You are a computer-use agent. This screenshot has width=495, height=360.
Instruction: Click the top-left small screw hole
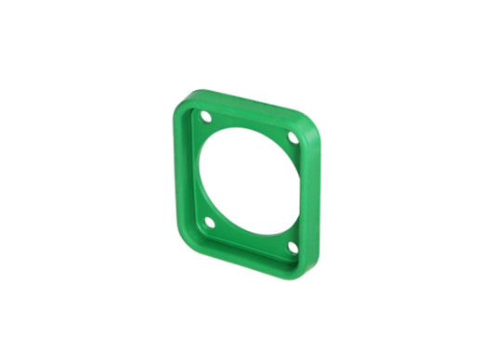(205, 117)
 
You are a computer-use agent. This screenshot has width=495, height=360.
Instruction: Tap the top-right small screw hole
(293, 137)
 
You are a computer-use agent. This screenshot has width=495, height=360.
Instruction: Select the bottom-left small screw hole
(210, 223)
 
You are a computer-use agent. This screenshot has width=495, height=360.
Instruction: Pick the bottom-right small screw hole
(293, 247)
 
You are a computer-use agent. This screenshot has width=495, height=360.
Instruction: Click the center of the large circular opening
(249, 181)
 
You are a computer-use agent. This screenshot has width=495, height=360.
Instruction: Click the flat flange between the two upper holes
(249, 122)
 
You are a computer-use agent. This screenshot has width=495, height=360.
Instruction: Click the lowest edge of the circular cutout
(249, 231)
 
